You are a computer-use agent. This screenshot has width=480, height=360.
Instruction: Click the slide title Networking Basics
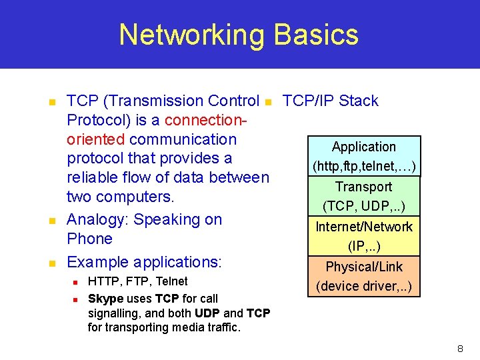click(239, 35)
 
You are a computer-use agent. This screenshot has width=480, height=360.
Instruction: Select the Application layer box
click(364, 156)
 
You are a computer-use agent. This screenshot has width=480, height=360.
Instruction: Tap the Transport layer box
click(364, 196)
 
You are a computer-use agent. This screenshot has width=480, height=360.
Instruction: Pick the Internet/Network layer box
click(364, 236)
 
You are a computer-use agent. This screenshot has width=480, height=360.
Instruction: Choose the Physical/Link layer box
click(364, 276)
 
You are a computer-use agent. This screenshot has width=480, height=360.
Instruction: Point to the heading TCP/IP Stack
click(330, 101)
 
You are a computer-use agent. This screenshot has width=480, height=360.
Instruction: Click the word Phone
click(89, 239)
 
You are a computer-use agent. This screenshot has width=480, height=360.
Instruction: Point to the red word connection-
click(206, 121)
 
